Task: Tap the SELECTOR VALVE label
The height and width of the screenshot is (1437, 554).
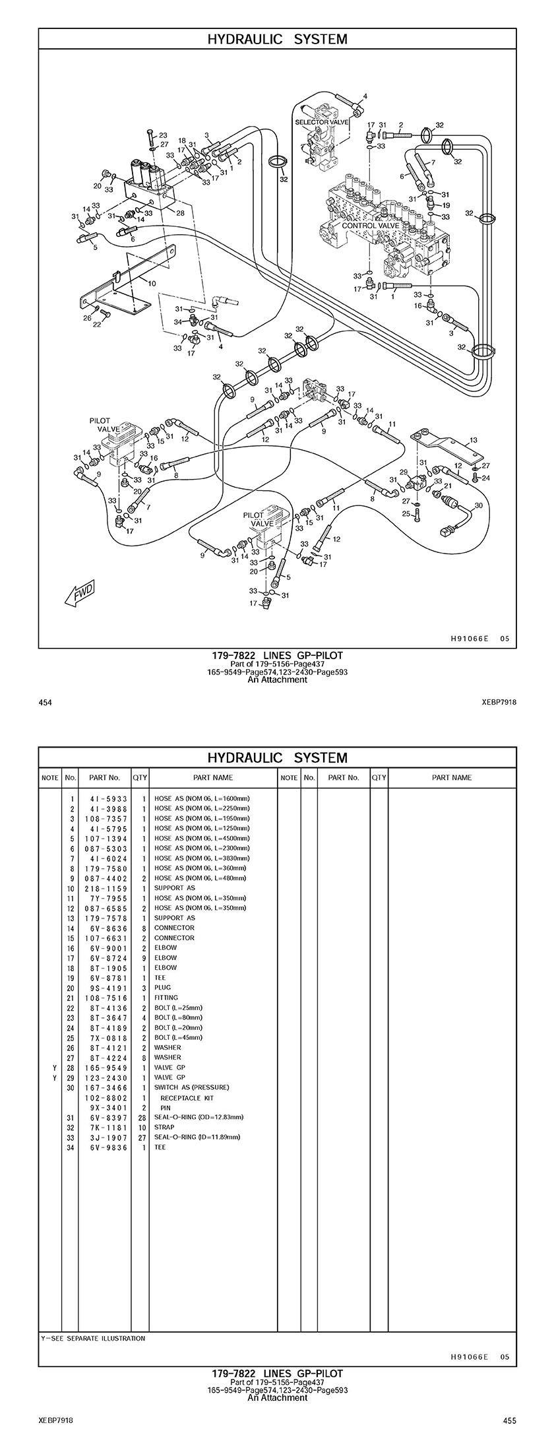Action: coord(321,123)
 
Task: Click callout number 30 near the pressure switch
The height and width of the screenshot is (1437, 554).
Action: coord(479,505)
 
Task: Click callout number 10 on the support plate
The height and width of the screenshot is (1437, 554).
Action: coord(152,283)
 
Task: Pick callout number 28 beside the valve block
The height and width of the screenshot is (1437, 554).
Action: coord(180,212)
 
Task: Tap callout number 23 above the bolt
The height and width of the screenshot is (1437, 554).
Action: coord(163,135)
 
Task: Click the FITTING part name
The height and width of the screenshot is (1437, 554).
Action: coord(166,998)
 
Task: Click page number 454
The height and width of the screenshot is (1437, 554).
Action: coord(46,703)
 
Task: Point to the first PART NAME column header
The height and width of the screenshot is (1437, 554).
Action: coord(213,777)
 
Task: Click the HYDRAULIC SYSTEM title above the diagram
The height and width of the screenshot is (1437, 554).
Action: coord(277,39)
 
